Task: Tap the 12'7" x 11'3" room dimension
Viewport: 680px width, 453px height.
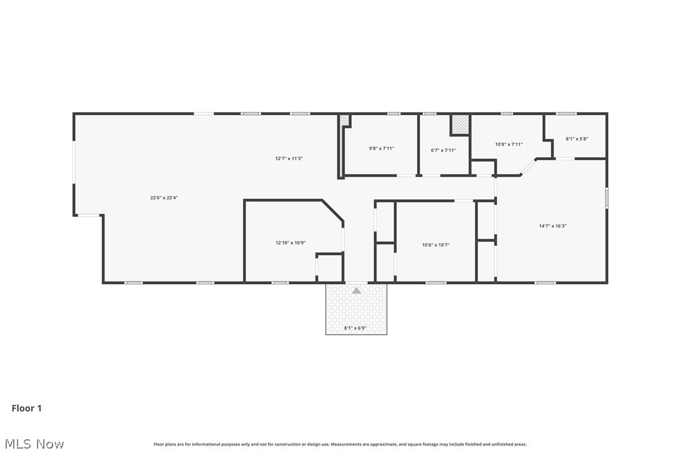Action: tap(289, 158)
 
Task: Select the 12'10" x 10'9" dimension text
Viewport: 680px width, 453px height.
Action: tap(291, 243)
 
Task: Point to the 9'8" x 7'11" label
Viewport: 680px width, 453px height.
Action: tap(381, 148)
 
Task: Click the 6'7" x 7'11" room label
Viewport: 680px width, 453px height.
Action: tap(443, 150)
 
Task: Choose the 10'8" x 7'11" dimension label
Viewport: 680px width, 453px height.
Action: tap(508, 144)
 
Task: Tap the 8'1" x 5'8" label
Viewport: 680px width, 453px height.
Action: tap(577, 139)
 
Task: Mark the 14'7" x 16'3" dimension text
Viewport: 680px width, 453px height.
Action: tap(553, 226)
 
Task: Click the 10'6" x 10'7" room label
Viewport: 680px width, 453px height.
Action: tap(436, 245)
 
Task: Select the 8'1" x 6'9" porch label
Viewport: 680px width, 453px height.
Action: tap(356, 328)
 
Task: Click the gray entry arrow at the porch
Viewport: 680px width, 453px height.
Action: tap(356, 290)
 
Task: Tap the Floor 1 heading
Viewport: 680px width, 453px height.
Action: tap(27, 409)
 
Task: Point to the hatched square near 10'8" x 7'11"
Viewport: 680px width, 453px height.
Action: tap(460, 125)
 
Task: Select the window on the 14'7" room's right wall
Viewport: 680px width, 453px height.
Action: tap(606, 198)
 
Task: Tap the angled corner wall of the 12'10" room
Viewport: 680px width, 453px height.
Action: tap(332, 210)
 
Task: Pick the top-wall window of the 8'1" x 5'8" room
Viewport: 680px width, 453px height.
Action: tap(566, 114)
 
